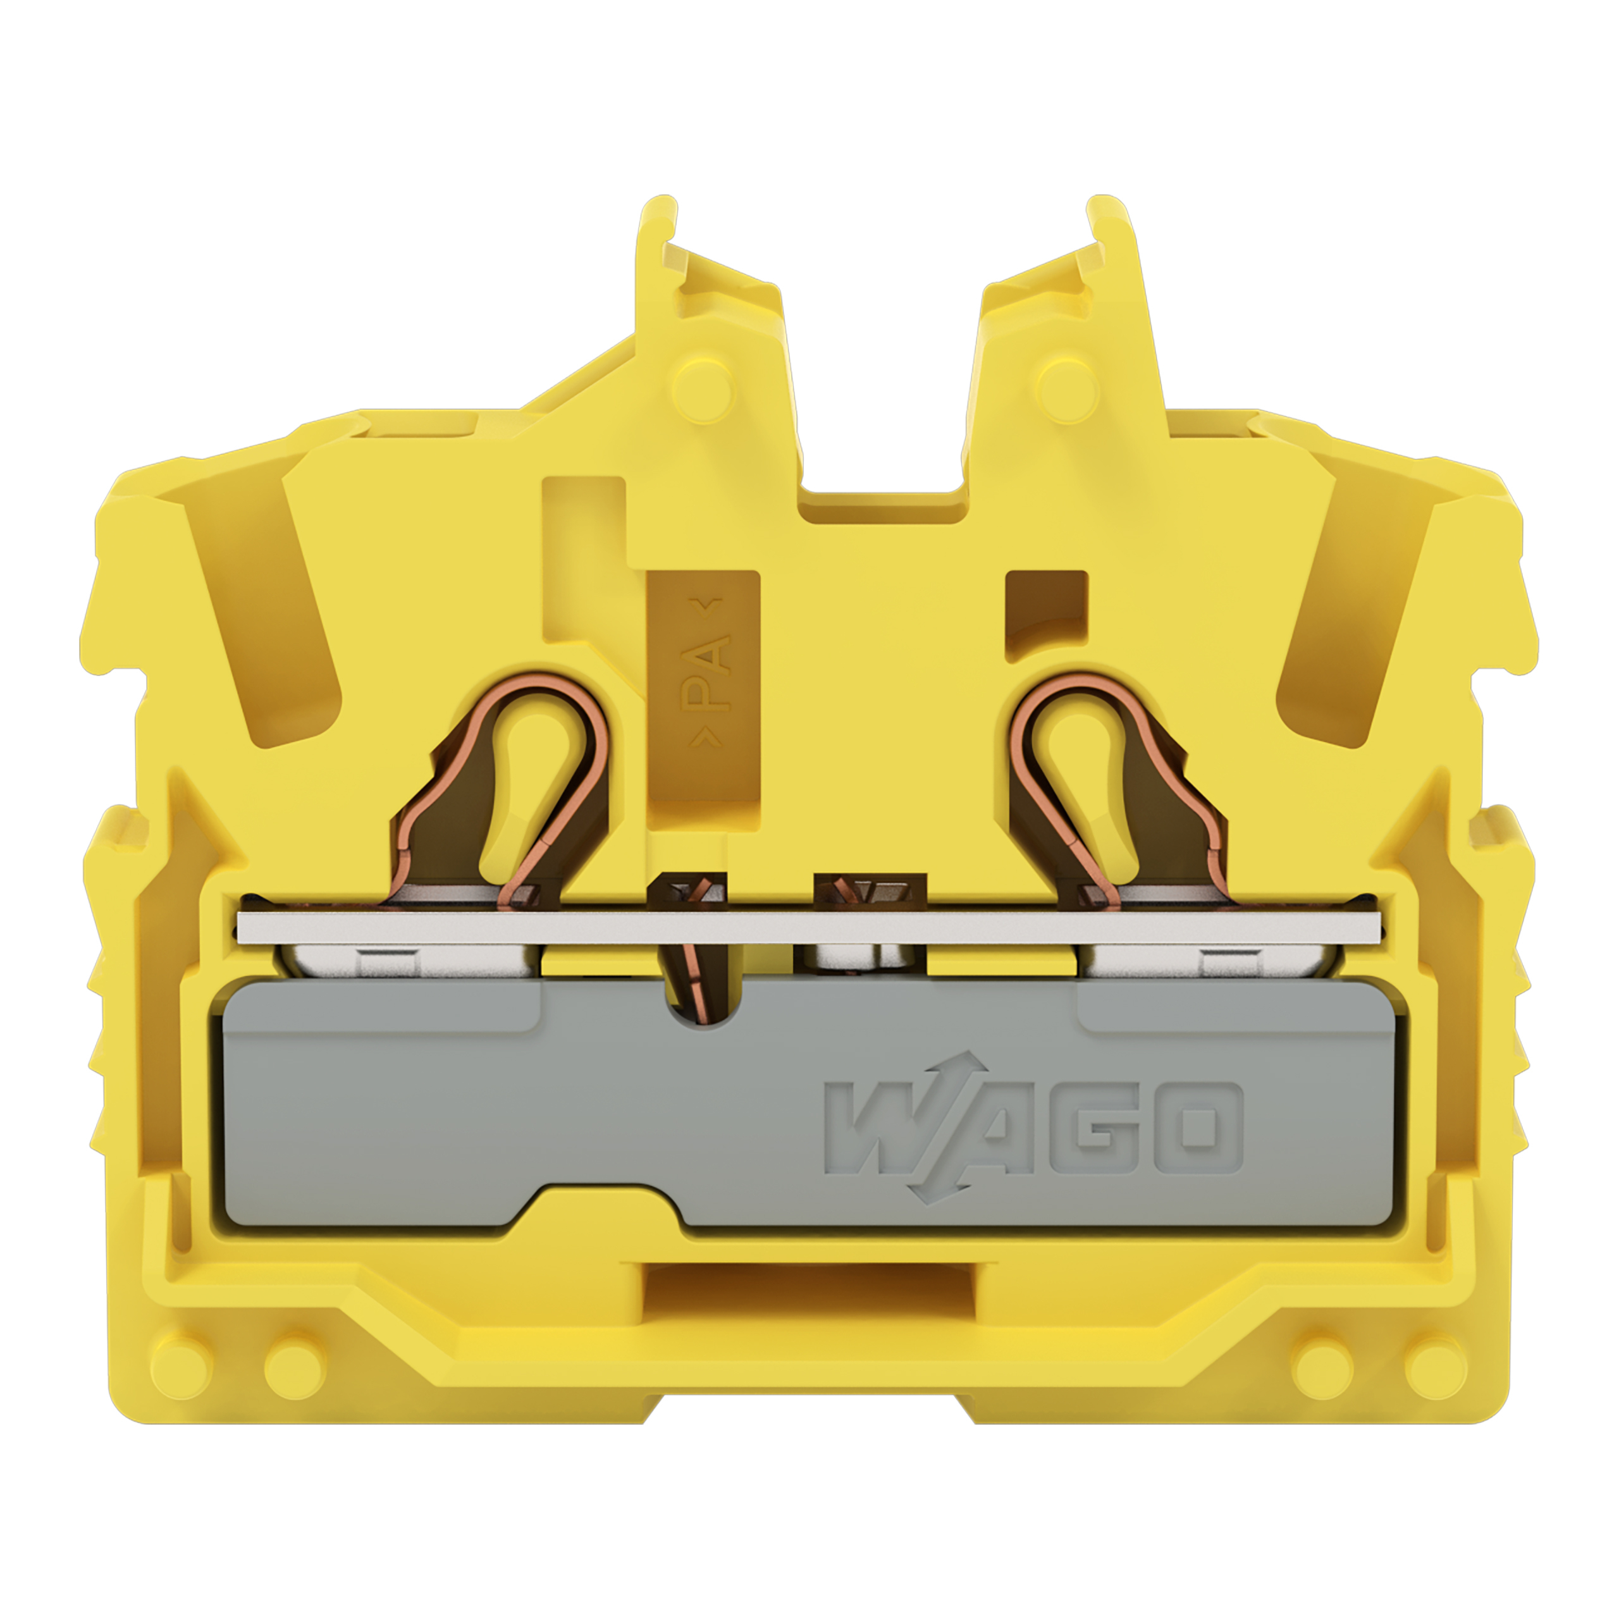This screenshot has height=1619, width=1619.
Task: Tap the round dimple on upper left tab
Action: (x=704, y=388)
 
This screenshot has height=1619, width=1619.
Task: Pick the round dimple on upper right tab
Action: (x=1068, y=386)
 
